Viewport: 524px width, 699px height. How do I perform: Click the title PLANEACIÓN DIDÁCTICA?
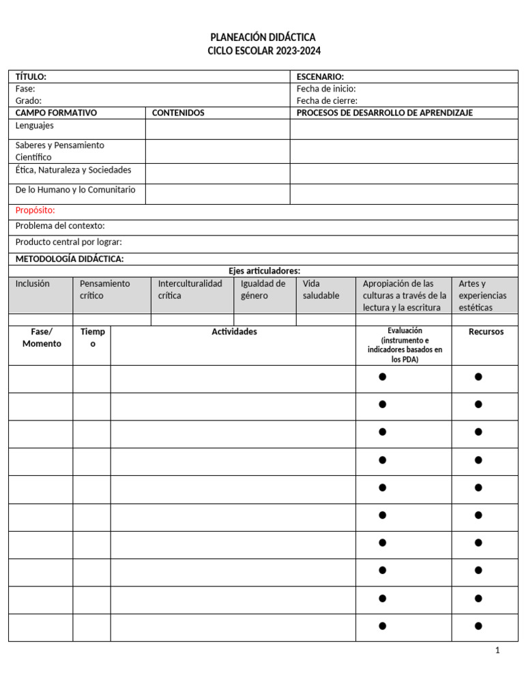(263, 37)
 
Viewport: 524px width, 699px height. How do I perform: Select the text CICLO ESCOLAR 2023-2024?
(263, 51)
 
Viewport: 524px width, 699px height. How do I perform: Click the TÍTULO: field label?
(31, 76)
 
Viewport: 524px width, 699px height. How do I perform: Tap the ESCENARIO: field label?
(320, 76)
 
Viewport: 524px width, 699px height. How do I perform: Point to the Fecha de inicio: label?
(326, 89)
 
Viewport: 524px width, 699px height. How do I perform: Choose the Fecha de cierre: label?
(327, 100)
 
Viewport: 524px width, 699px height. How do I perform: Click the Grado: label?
(29, 100)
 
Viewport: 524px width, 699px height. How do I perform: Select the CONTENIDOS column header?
(178, 113)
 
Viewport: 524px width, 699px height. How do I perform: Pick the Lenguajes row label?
(35, 126)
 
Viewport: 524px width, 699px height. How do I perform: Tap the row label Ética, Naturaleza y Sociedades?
(73, 170)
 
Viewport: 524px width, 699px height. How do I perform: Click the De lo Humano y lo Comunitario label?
(75, 190)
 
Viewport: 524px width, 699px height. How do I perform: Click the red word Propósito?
(35, 210)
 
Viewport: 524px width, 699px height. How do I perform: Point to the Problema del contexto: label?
(60, 226)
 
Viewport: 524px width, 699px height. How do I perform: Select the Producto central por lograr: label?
(68, 242)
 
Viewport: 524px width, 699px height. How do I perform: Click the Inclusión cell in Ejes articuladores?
(33, 283)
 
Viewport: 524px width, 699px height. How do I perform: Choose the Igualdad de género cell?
(263, 289)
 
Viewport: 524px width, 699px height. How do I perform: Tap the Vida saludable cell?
(321, 289)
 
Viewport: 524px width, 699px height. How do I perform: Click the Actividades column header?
(234, 332)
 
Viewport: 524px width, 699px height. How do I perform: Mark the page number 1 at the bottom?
(497, 651)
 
